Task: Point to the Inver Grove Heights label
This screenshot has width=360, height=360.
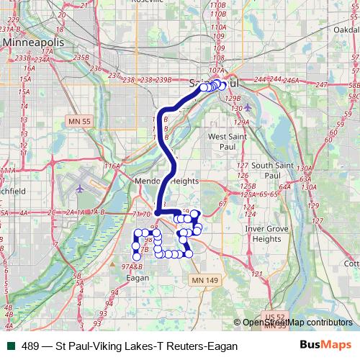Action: click(x=262, y=233)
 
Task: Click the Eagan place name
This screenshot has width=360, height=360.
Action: click(x=137, y=276)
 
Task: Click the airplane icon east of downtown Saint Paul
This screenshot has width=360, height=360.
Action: click(x=247, y=108)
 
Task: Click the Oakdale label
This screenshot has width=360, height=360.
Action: click(x=348, y=29)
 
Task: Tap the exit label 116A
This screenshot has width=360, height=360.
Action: click(x=112, y=166)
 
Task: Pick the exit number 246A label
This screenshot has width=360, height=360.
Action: click(x=290, y=80)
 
